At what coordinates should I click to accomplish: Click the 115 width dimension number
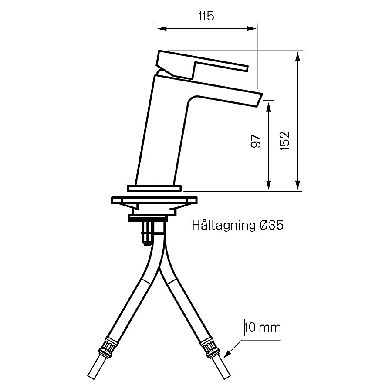tap(206, 17)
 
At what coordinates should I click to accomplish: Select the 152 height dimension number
tap(285, 141)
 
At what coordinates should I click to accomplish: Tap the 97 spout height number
tap(256, 142)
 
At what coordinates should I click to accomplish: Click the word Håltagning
tap(224, 225)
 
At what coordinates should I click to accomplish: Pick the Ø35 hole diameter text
tap(271, 225)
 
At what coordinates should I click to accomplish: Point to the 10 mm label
tap(263, 328)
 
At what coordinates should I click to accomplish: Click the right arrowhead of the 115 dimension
tap(252, 28)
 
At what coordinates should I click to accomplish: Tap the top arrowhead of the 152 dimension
tap(297, 57)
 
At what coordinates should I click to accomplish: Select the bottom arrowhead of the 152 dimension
tap(297, 185)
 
